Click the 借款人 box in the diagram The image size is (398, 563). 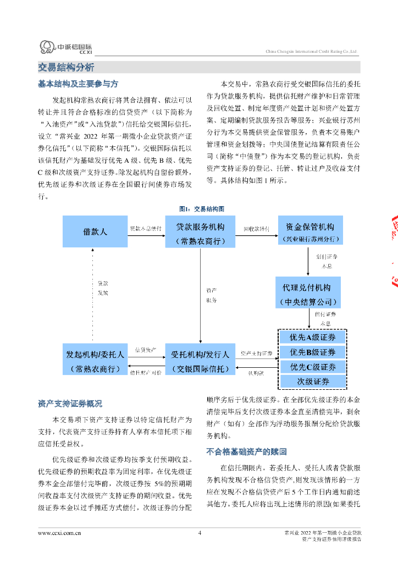(x=95, y=231)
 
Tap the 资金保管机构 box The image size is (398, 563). (x=309, y=231)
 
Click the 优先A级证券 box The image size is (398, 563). (x=313, y=337)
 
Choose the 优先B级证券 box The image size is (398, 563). (x=313, y=352)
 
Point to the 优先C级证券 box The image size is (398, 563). (x=313, y=367)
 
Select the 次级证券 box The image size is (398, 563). (x=313, y=382)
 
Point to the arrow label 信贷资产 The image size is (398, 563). (x=146, y=350)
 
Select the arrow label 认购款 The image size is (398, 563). (x=256, y=373)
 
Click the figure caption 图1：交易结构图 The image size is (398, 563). (x=201, y=209)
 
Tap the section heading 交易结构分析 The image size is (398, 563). (x=66, y=68)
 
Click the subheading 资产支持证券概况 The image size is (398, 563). (x=70, y=404)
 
